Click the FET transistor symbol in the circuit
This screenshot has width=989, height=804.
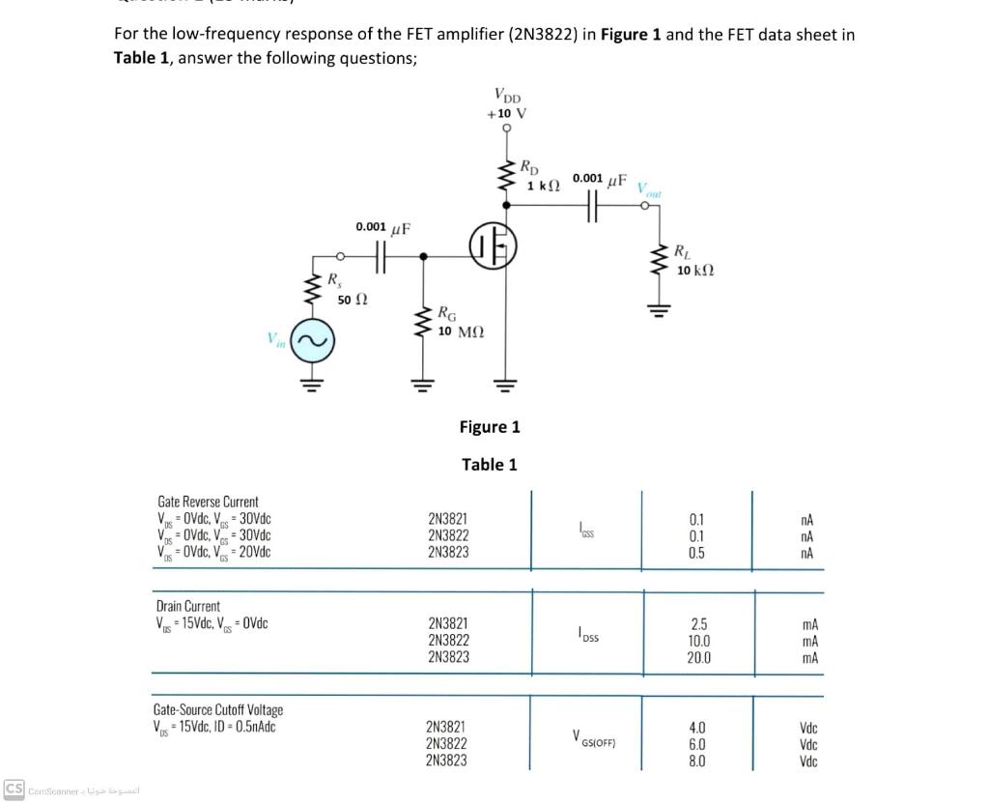pyautogui.click(x=494, y=244)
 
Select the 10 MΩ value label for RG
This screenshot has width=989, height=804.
pyautogui.click(x=461, y=331)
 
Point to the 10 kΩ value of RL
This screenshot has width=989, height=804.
pyautogui.click(x=695, y=271)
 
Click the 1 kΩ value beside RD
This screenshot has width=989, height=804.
pyautogui.click(x=544, y=185)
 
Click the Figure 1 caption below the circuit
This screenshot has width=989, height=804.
pyautogui.click(x=490, y=426)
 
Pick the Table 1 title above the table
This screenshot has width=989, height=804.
pyautogui.click(x=489, y=464)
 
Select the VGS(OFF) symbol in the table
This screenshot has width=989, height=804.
pyautogui.click(x=593, y=742)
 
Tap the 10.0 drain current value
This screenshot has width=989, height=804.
pyautogui.click(x=698, y=641)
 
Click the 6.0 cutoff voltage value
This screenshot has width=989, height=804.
pyautogui.click(x=697, y=744)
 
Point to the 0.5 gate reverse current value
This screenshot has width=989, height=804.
pyautogui.click(x=696, y=554)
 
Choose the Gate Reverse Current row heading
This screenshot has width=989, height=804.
pyautogui.click(x=208, y=502)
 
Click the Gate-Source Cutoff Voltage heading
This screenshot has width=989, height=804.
pyautogui.click(x=218, y=710)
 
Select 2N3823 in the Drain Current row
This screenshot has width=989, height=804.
pyautogui.click(x=448, y=656)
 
